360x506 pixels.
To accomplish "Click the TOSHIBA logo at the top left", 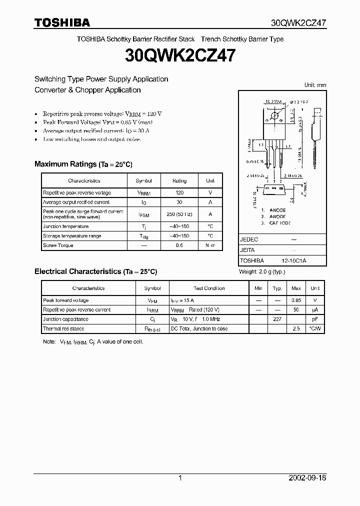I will click(62, 22).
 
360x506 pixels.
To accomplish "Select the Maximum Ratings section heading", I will click(83, 164).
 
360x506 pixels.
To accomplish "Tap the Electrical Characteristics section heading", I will click(95, 271).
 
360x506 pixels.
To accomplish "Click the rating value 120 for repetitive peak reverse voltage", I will click(179, 192).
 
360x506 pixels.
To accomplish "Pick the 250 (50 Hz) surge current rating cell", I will click(179, 214).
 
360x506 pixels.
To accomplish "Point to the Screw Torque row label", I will click(58, 245).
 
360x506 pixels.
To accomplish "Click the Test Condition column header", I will click(209, 288).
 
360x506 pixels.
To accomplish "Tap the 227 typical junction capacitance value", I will click(277, 319).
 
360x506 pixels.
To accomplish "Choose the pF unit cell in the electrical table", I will click(315, 319).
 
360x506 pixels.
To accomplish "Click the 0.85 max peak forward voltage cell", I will click(296, 300).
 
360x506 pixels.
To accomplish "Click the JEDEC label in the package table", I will click(249, 239).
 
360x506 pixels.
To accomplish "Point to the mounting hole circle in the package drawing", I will click(274, 116).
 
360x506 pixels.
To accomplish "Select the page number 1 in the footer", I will click(180, 478).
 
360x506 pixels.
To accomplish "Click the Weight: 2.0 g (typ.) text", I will click(261, 271).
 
